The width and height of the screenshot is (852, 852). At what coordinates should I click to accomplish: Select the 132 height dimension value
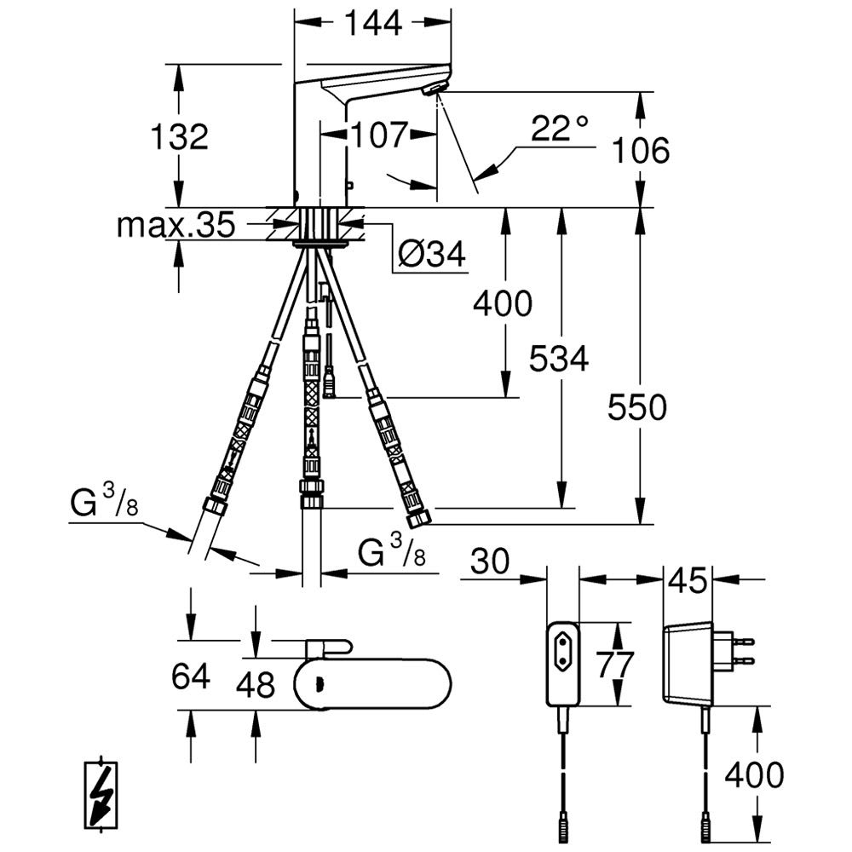point(179,136)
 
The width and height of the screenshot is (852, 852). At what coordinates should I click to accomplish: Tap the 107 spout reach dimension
point(378,134)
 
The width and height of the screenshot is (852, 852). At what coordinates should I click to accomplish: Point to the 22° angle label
point(559,130)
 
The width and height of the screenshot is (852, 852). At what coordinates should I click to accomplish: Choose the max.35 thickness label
point(175,226)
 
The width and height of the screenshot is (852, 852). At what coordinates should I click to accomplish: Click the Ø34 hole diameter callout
point(432,253)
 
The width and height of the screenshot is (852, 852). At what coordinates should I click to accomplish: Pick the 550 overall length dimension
point(636,408)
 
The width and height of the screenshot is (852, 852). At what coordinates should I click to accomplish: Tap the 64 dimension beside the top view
point(190,677)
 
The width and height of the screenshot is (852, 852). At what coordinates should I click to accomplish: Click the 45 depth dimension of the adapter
point(686,581)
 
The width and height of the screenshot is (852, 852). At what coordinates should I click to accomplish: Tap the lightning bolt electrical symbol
point(103,795)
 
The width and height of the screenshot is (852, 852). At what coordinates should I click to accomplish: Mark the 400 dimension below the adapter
point(753,775)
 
